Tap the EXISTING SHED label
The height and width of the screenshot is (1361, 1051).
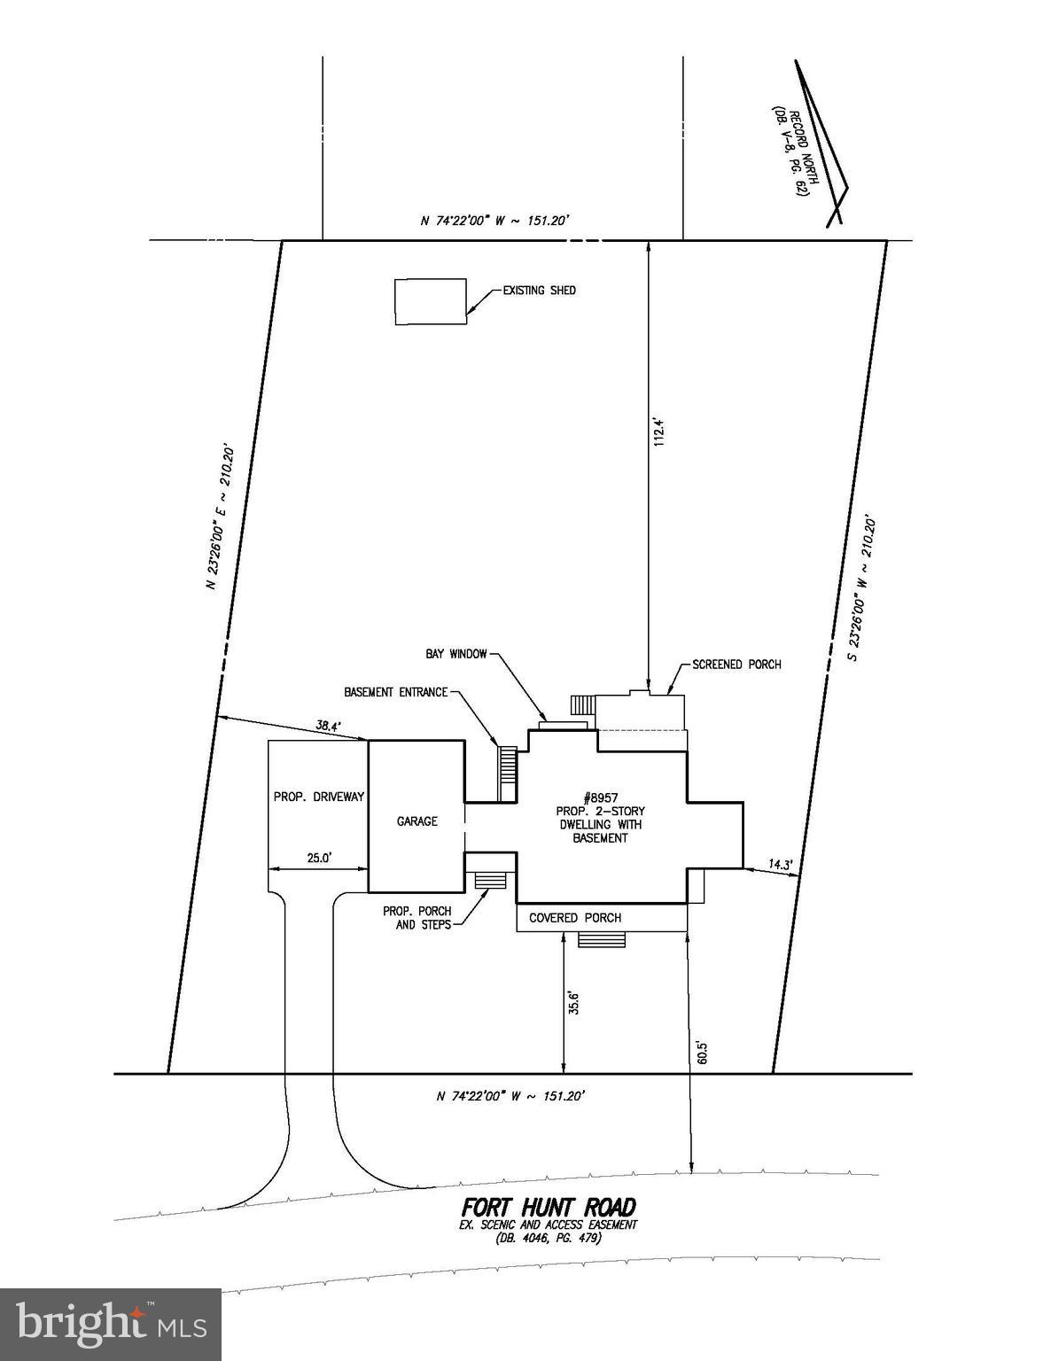[540, 291]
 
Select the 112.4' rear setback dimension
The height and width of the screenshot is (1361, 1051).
[658, 432]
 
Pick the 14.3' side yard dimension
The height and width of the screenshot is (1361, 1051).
[781, 865]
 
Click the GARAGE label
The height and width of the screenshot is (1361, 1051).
[417, 821]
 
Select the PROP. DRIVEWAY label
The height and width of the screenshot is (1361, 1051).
[319, 797]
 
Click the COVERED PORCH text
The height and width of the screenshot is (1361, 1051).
[575, 918]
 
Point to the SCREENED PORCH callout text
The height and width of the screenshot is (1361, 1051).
[736, 664]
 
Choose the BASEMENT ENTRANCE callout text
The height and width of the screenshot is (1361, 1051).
[396, 692]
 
